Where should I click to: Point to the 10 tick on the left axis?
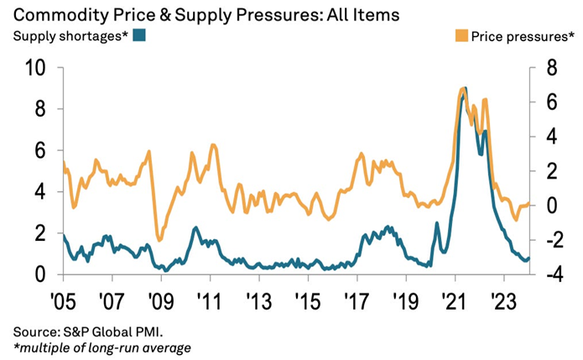click(33, 68)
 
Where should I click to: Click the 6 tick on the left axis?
click(40, 151)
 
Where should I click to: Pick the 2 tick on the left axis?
click(40, 233)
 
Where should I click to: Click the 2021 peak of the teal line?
click(465, 88)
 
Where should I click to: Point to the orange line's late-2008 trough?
click(159, 240)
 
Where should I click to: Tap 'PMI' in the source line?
click(138, 331)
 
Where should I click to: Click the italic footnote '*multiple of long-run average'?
click(96, 347)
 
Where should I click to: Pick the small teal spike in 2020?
click(436, 223)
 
